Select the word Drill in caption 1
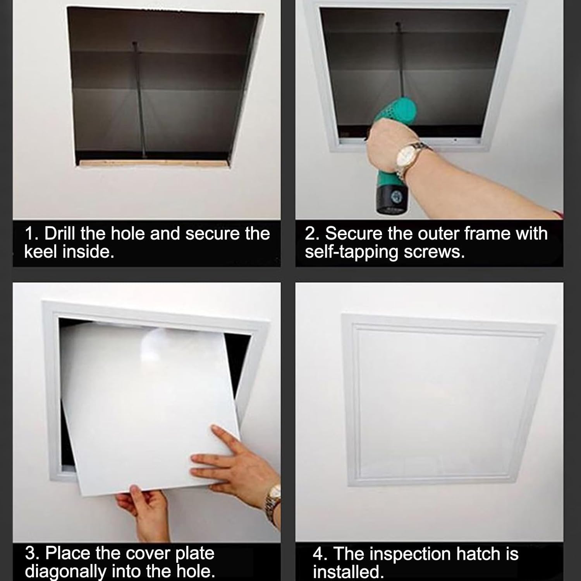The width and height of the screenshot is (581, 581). click(61, 234)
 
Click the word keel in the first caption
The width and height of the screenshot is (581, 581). click(41, 252)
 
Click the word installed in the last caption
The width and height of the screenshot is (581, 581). click(346, 572)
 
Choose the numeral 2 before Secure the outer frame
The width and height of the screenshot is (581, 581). click(310, 234)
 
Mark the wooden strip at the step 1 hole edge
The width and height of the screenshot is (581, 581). click(153, 163)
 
